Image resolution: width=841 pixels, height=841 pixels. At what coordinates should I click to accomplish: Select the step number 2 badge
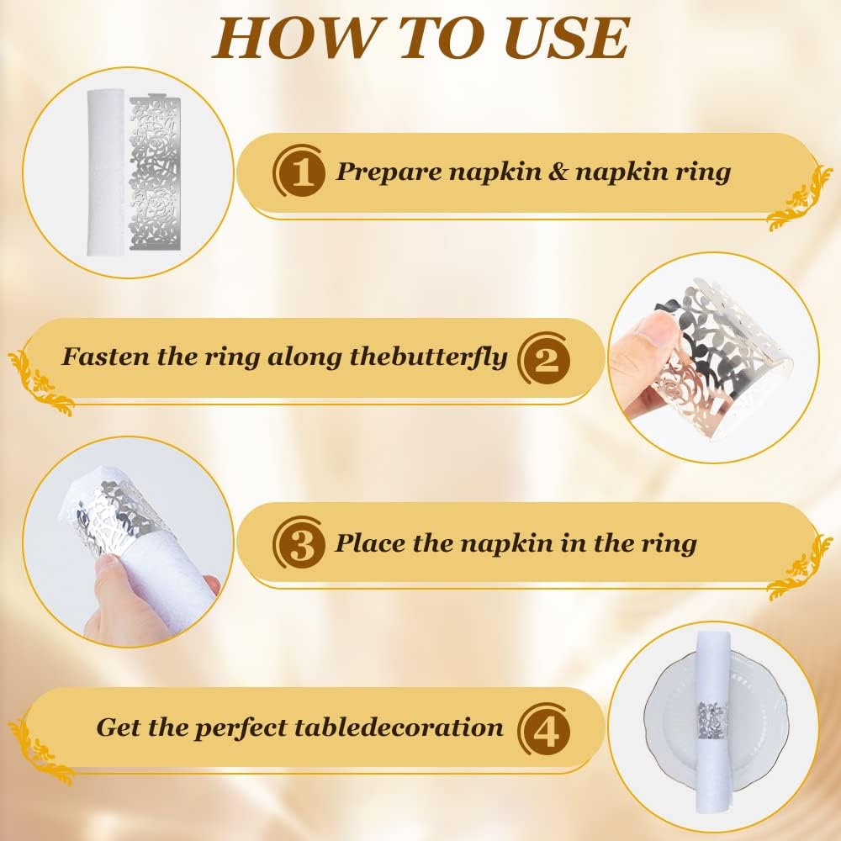coord(545,360)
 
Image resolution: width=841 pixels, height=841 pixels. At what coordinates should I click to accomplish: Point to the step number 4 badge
coord(545,729)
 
